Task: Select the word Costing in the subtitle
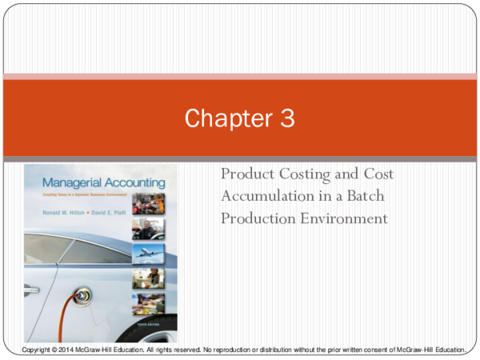coord(310,174)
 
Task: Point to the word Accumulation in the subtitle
coord(266,196)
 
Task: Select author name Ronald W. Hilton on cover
coord(55,206)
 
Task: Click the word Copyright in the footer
coord(36,350)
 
